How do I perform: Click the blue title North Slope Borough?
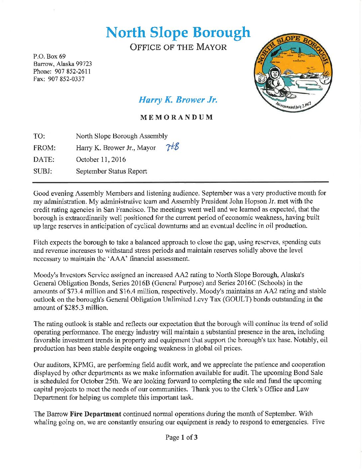pyautogui.click(x=178, y=32)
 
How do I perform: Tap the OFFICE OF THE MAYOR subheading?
pyautogui.click(x=178, y=47)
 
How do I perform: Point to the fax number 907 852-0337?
pyautogui.click(x=66, y=79)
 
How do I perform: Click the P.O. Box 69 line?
pyautogui.click(x=49, y=56)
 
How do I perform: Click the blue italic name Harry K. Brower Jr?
pyautogui.click(x=178, y=100)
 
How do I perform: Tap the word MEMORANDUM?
pyautogui.click(x=176, y=117)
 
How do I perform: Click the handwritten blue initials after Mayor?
pyautogui.click(x=172, y=147)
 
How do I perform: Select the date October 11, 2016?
pyautogui.click(x=101, y=160)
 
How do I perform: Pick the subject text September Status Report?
pyautogui.click(x=111, y=171)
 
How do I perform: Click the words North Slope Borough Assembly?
pyautogui.click(x=121, y=136)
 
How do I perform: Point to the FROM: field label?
pyautogui.click(x=44, y=148)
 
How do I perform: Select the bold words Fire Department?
pyautogui.click(x=95, y=414)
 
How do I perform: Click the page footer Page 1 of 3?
pyautogui.click(x=181, y=437)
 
